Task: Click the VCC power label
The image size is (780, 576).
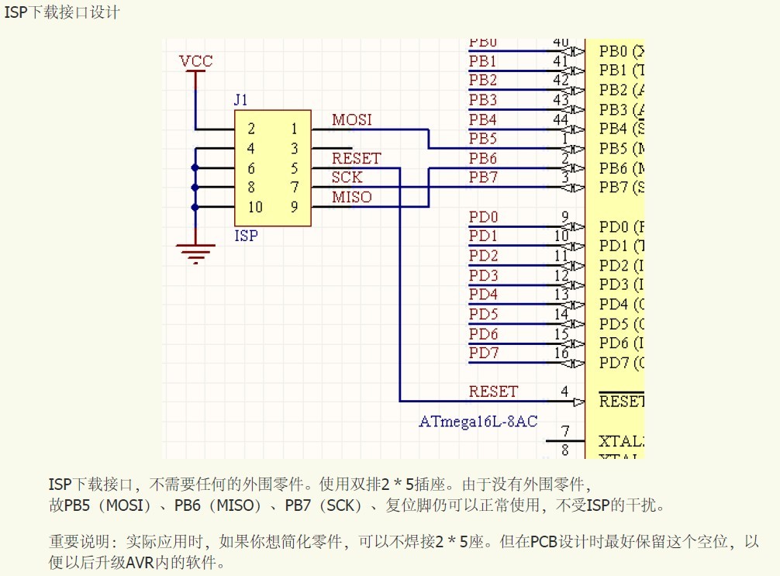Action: point(195,61)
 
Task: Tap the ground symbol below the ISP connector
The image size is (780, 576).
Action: point(195,253)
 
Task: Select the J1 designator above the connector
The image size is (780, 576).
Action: point(241,100)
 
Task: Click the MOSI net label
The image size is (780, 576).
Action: point(352,120)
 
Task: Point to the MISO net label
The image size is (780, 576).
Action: point(352,198)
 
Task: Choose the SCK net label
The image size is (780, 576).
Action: point(347,178)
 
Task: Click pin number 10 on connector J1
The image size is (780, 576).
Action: point(255,207)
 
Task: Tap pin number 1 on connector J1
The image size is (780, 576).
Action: point(294,129)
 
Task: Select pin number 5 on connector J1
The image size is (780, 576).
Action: point(294,168)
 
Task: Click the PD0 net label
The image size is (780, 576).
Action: point(483,217)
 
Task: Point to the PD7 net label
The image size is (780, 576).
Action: point(483,354)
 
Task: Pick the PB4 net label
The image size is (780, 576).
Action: point(483,120)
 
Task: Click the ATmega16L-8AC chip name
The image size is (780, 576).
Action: point(478,422)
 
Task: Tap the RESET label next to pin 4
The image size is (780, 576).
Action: point(493,392)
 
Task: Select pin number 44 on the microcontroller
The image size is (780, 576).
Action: point(561,119)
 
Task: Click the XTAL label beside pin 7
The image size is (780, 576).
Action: point(621,442)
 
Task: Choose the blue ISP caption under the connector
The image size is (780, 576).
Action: point(246,236)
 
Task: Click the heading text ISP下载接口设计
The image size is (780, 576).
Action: point(62,13)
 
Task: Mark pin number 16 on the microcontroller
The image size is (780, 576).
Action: point(561,354)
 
